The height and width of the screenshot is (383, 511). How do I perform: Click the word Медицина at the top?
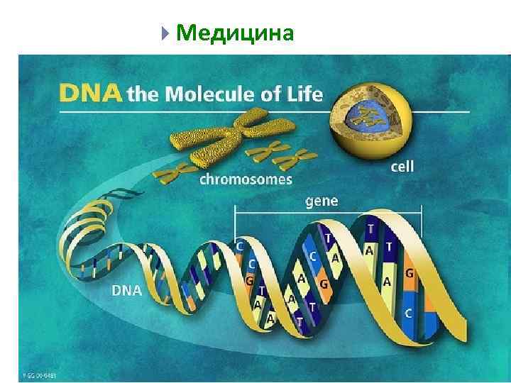234,33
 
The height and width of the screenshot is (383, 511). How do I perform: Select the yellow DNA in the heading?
90,94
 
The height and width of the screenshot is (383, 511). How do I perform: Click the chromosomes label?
246,179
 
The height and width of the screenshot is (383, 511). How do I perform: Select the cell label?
402,167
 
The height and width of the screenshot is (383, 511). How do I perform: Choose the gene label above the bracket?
322,201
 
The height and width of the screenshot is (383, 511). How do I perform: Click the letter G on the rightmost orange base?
409,272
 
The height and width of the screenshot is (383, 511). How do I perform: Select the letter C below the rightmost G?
408,311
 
